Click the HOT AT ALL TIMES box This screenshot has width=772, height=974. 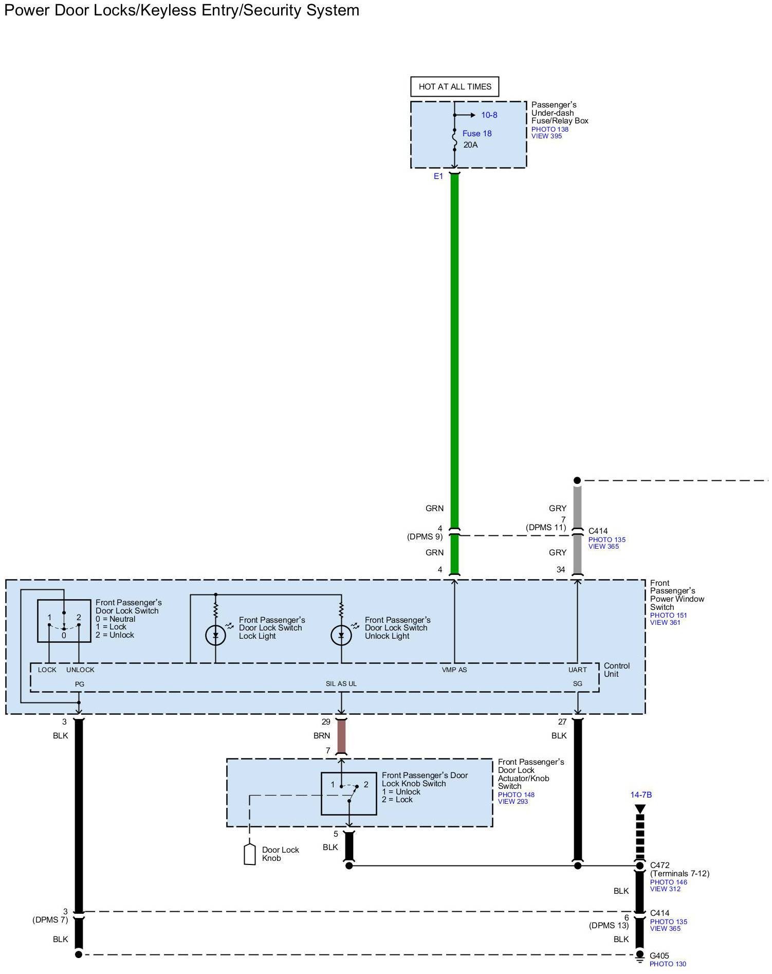tap(455, 86)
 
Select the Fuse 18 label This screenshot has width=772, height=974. tap(476, 134)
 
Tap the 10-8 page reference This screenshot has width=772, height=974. tap(489, 115)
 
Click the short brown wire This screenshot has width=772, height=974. tap(341, 736)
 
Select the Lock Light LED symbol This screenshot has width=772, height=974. tap(215, 636)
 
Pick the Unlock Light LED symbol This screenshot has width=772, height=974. tap(341, 636)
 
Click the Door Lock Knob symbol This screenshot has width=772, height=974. tap(249, 854)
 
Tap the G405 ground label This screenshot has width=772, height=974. tap(659, 956)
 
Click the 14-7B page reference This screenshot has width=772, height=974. tap(641, 795)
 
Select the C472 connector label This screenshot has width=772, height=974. tap(660, 865)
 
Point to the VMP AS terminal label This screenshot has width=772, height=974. tap(454, 670)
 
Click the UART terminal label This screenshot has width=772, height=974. tap(577, 670)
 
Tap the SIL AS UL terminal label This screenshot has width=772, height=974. tap(341, 683)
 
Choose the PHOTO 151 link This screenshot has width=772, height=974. tap(668, 615)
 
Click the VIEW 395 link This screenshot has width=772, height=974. tap(546, 136)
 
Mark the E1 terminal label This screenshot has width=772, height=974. tap(438, 176)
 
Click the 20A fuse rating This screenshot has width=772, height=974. tap(470, 145)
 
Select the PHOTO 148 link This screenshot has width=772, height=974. tap(516, 795)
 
